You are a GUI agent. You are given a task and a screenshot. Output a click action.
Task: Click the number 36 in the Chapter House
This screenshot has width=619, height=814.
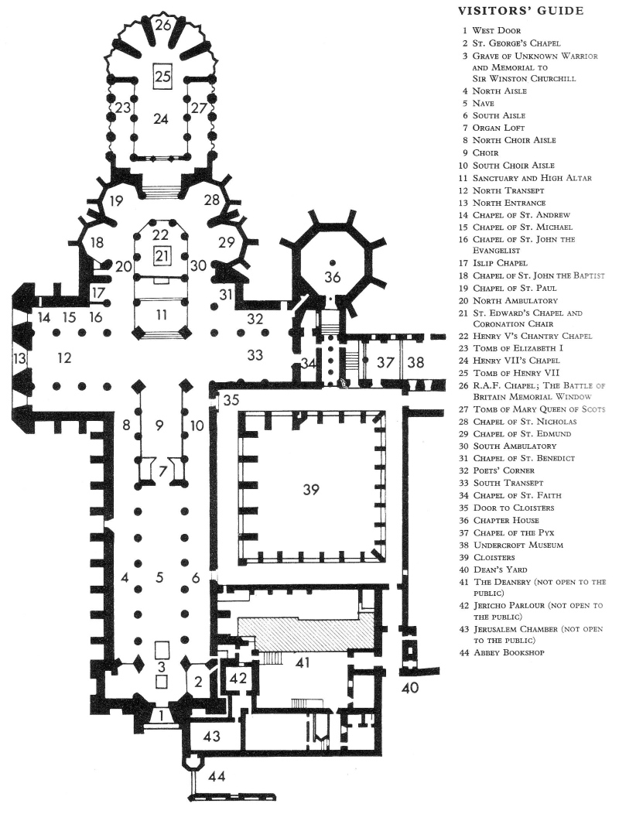coord(333,276)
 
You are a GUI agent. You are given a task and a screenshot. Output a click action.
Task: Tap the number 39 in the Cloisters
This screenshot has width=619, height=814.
coord(311,489)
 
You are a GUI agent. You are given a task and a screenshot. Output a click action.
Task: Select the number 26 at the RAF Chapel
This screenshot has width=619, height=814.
coord(162,25)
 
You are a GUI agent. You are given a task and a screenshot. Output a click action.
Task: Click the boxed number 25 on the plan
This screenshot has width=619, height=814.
coord(162,76)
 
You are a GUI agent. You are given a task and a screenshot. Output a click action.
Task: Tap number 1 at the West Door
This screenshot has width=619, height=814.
coord(161,715)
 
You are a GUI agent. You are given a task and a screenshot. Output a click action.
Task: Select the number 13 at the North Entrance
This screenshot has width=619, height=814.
coord(16,357)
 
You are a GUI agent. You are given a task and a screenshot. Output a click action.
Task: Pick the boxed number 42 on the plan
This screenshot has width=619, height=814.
coord(237,679)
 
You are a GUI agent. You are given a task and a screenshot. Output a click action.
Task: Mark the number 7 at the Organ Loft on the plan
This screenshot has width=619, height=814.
coord(162,471)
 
